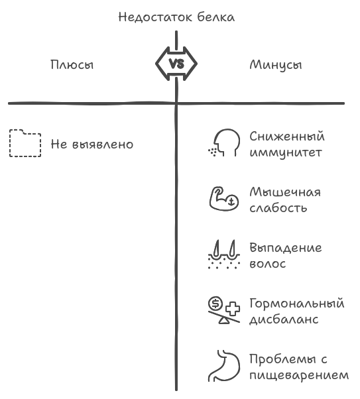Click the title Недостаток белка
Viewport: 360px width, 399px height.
[176, 17]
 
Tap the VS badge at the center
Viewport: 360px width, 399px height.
[176, 64]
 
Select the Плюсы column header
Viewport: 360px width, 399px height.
[72, 65]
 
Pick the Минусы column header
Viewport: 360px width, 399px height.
[276, 65]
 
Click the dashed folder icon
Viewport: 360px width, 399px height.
[25, 143]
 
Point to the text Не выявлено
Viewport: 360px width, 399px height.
[92, 144]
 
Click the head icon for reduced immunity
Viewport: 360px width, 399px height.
[224, 142]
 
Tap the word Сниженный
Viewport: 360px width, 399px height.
[287, 137]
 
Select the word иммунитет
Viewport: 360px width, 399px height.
[286, 152]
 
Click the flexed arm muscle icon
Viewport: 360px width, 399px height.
[224, 199]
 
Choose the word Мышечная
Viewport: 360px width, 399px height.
[285, 192]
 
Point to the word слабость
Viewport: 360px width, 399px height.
[278, 208]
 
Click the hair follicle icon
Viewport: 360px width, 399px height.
[224, 255]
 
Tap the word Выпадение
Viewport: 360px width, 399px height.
[286, 248]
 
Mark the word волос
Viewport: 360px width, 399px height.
[268, 264]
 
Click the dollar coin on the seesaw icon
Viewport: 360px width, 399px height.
[215, 304]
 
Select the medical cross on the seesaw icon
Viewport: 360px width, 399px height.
[232, 309]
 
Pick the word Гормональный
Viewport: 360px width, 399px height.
[297, 304]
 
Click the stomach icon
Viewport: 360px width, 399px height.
[224, 366]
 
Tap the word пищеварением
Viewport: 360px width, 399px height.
[299, 376]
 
